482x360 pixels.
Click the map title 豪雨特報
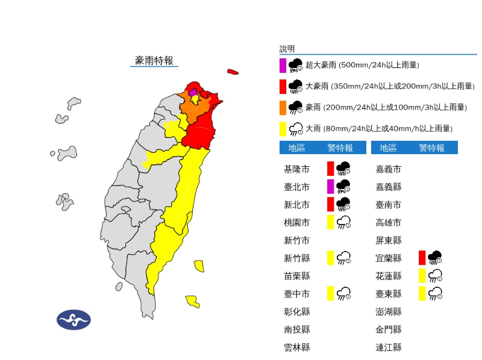click(x=154, y=60)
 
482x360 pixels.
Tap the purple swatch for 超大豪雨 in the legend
click(x=283, y=65)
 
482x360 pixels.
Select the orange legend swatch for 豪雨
click(x=283, y=107)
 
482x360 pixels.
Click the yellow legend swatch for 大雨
click(x=283, y=128)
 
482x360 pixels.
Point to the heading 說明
click(x=287, y=49)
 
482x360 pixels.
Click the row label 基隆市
click(x=296, y=169)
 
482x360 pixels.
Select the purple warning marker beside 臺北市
click(x=330, y=186)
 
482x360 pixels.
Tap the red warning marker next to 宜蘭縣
click(x=422, y=258)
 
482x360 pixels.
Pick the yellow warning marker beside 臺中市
click(x=330, y=293)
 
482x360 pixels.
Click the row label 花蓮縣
click(x=388, y=276)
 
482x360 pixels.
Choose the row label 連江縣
click(x=388, y=347)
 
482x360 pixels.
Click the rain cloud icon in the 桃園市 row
click(x=344, y=223)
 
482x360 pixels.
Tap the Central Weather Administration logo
click(x=74, y=320)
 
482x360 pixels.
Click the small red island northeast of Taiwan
click(x=233, y=72)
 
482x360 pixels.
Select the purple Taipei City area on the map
click(x=193, y=93)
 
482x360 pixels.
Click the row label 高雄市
click(x=388, y=223)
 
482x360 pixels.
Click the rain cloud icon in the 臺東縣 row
click(x=436, y=294)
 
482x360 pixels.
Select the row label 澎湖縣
click(x=388, y=311)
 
